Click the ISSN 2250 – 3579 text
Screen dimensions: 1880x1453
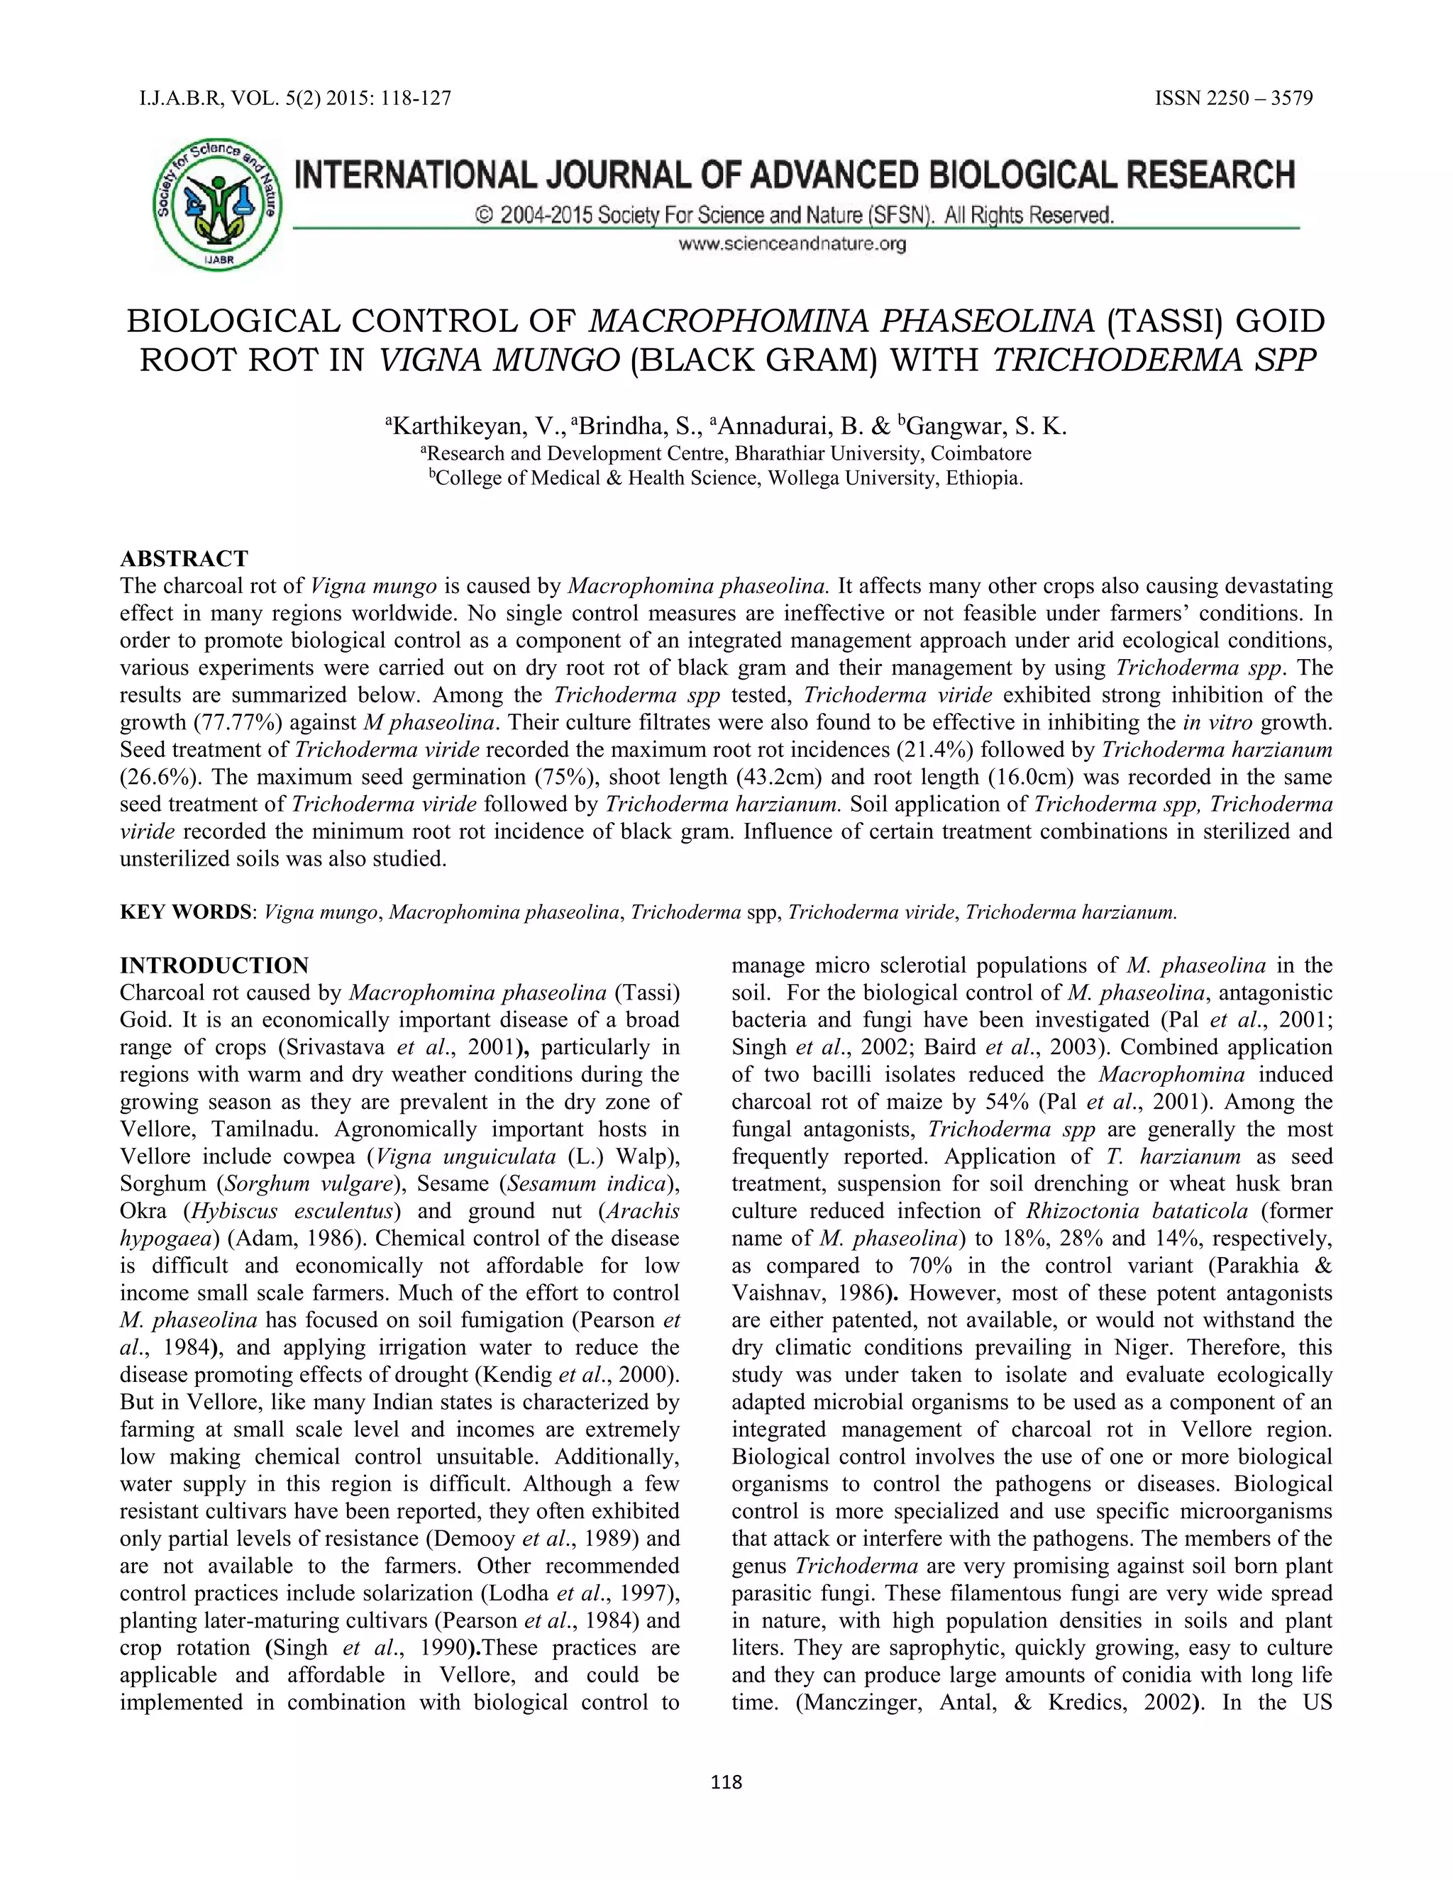point(1234,98)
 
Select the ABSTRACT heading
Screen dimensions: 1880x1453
point(184,558)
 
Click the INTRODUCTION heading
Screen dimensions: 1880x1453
point(214,965)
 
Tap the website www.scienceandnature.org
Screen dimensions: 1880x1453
point(792,245)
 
